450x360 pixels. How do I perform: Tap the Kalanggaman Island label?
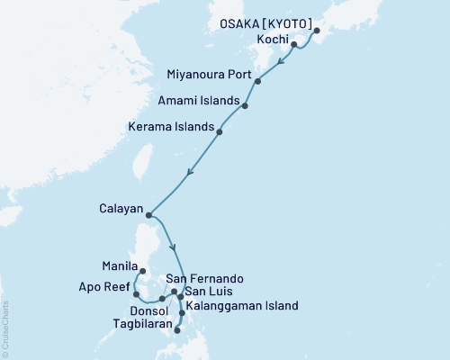click(x=241, y=306)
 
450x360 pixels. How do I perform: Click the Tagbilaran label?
click(x=143, y=321)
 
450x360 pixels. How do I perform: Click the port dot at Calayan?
click(x=148, y=215)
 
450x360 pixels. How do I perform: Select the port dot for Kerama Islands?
click(x=220, y=131)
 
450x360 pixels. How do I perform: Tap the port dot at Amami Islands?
click(x=245, y=105)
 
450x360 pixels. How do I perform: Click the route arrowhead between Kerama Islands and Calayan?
click(x=189, y=173)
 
